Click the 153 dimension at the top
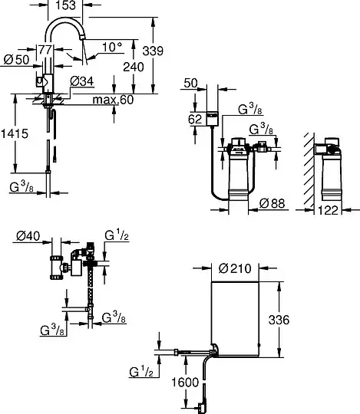65,5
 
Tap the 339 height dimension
153,51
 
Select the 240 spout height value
134,67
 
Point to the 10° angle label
112,47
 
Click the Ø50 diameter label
16,59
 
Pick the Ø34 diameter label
82,81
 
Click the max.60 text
113,100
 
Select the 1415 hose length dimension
15,133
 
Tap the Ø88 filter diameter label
272,203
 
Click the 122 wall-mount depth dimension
328,210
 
